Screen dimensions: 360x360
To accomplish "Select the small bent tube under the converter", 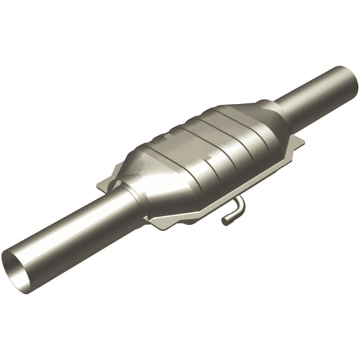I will [233, 209].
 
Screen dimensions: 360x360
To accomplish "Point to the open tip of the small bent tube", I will [226, 220].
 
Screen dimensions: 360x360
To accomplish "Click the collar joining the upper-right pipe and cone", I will [278, 111].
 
